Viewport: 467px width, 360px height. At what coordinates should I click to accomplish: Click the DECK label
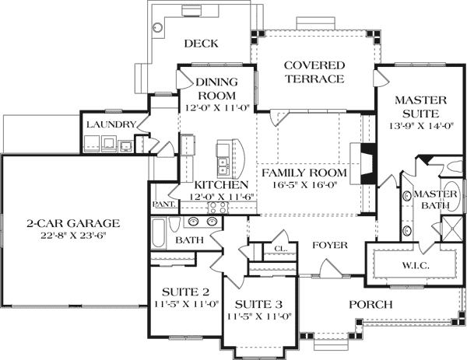coord(200,44)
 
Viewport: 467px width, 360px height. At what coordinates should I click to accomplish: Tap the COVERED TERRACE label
coord(314,72)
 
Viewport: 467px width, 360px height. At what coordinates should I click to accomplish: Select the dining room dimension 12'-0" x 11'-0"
coord(216,109)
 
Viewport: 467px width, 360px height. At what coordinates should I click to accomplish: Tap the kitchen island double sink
coord(223,166)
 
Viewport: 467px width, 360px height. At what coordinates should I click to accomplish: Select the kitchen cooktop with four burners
coord(187,146)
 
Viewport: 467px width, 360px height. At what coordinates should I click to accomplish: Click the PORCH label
coord(370,304)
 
